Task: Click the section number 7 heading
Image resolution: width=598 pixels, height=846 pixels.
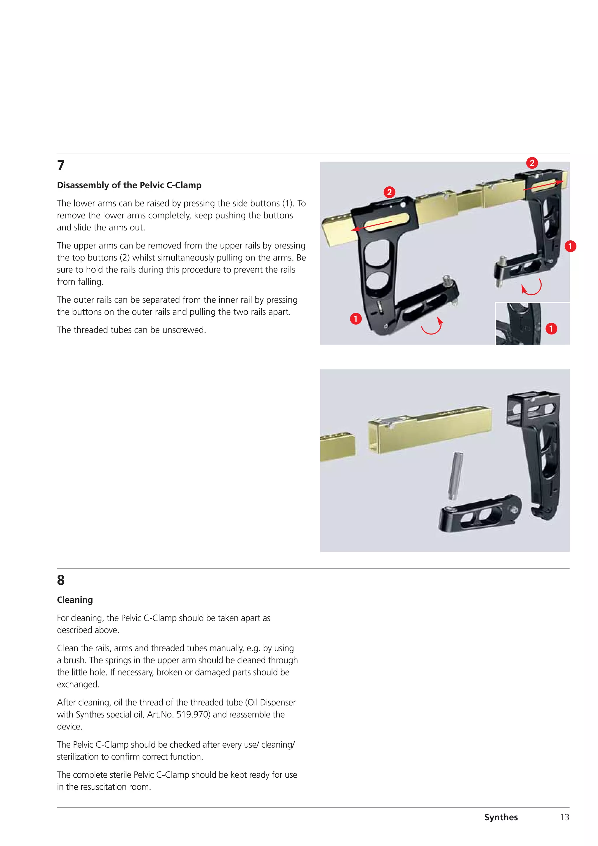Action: [x=61, y=166]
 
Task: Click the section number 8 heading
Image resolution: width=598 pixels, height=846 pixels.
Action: [x=61, y=580]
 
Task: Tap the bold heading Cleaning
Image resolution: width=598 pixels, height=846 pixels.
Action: [x=75, y=600]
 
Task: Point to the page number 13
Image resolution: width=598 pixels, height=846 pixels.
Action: [x=564, y=817]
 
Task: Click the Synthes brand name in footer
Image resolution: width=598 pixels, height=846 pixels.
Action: [x=501, y=817]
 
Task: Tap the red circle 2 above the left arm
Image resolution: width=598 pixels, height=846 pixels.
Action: [x=389, y=192]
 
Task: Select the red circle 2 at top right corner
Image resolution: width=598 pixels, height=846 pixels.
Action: [x=532, y=163]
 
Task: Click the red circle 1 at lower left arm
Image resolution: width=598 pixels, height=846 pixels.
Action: [x=356, y=318]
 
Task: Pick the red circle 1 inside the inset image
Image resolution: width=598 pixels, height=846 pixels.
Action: [x=551, y=328]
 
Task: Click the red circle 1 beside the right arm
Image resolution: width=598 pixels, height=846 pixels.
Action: [x=570, y=246]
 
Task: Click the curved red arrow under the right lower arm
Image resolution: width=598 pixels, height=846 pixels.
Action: [x=532, y=287]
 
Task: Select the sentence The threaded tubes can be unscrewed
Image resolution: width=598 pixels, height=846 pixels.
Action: [x=131, y=330]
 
